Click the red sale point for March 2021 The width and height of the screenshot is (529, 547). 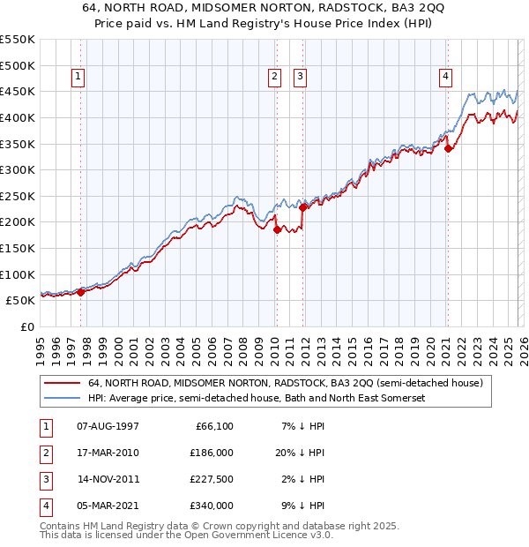point(448,148)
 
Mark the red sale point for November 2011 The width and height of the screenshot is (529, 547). point(303,208)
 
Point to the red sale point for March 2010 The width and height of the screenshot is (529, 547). point(277,229)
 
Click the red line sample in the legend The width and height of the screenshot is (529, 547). point(62,384)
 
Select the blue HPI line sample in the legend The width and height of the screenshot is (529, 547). point(62,399)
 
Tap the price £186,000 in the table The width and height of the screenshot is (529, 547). point(212,453)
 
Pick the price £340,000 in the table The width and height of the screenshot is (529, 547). point(212,506)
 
